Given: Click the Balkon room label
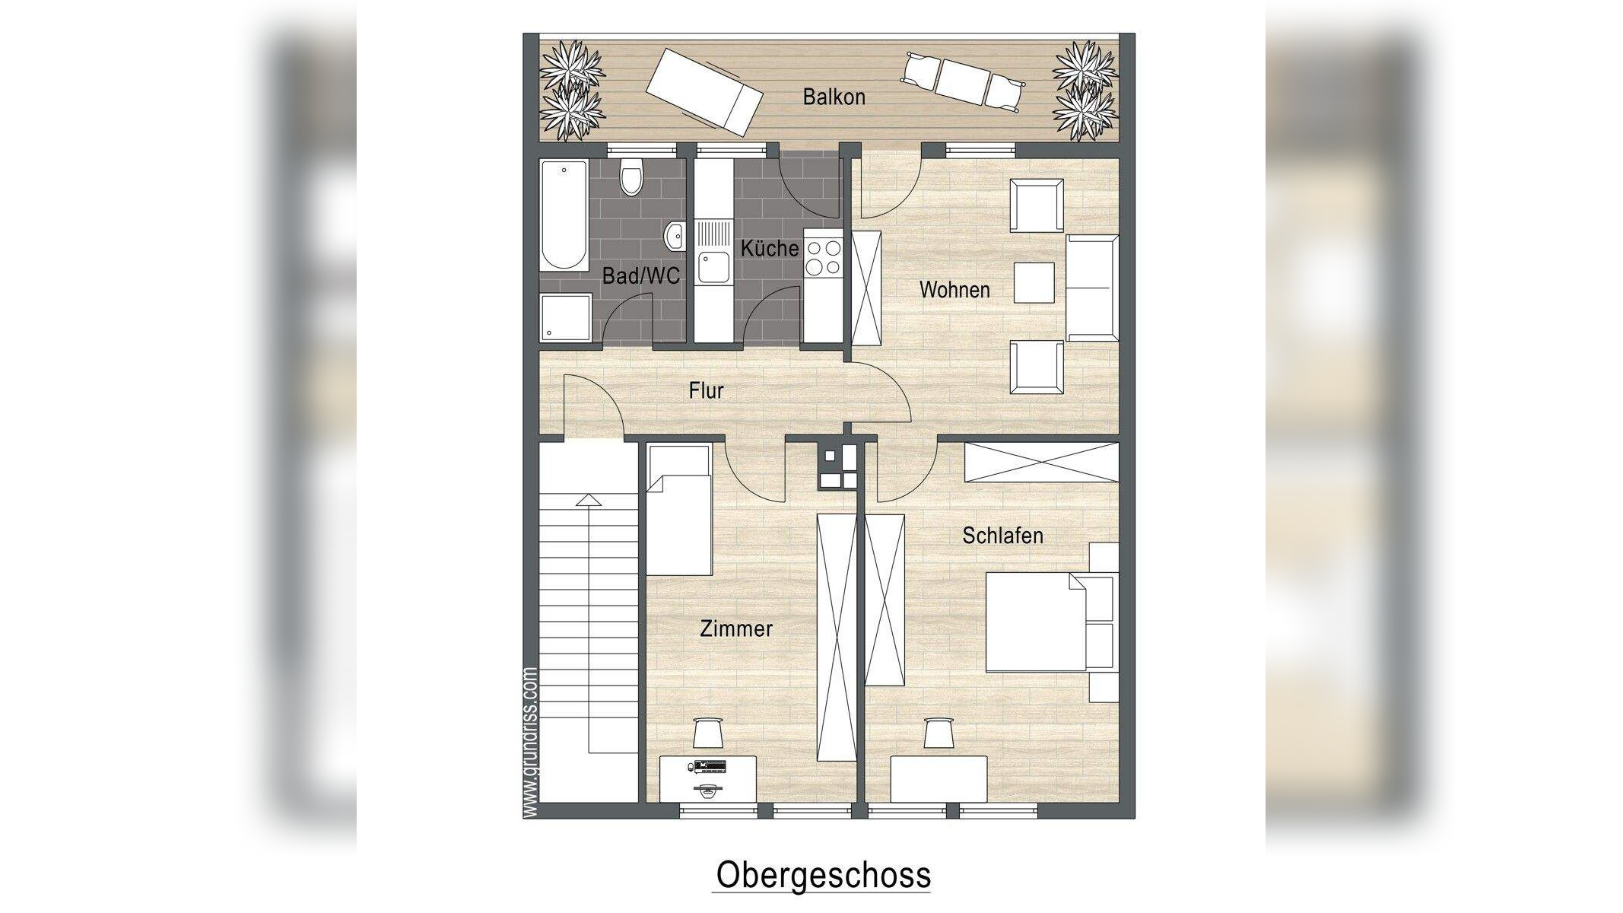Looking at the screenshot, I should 834,97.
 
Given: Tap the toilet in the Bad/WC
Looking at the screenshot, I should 631,177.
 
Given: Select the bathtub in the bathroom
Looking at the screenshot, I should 564,215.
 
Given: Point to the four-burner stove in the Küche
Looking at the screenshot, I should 824,257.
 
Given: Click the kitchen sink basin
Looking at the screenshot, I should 713,267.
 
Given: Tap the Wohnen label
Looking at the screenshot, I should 954,290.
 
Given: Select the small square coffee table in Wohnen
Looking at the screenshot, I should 1034,282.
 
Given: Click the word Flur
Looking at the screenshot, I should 706,391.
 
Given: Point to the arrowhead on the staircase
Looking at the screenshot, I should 589,500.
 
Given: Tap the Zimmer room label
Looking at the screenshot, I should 735,629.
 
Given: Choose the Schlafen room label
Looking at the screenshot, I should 1002,536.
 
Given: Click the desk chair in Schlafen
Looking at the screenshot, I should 939,733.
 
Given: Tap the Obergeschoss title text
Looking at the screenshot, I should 823,875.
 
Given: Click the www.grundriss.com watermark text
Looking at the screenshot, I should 531,743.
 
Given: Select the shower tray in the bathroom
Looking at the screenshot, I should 566,317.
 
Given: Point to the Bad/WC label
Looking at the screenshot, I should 640,276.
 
